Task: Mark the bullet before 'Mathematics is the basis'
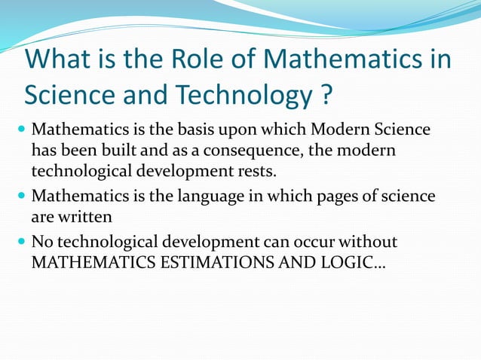pos(22,130)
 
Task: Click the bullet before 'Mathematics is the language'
pos(22,197)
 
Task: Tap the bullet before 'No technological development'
pos(22,243)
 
